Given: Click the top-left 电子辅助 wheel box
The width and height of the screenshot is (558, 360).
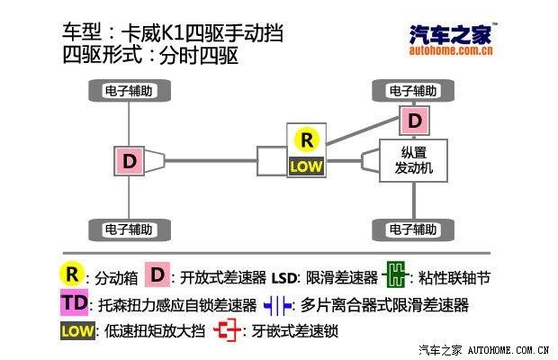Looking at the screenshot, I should [130, 91].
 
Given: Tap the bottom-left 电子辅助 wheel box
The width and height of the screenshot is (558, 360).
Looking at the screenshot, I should [130, 228].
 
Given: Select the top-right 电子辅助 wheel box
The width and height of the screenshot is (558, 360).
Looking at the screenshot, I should [413, 91].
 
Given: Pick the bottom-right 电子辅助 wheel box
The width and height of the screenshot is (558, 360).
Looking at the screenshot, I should [413, 228].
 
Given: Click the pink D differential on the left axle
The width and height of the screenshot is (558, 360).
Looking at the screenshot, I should [130, 161].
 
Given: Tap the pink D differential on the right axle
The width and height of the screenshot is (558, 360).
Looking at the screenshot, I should [413, 120].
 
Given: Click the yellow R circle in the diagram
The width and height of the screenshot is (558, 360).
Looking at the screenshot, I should [308, 139].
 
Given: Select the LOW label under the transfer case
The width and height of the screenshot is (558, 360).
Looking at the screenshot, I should [308, 166].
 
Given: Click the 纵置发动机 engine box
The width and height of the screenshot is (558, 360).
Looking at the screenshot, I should [414, 160].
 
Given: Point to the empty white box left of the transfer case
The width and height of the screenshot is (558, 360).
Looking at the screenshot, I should [271, 161].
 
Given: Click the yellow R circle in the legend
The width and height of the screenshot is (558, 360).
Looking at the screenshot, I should [72, 274].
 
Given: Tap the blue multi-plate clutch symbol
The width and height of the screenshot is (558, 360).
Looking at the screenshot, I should [277, 304].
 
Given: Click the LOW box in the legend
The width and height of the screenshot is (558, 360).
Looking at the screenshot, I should [76, 330].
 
